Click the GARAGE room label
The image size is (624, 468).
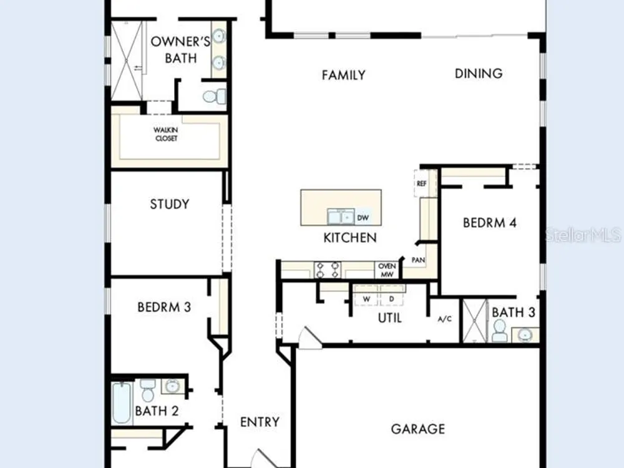pyautogui.click(x=418, y=429)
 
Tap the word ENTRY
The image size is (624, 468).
pyautogui.click(x=260, y=422)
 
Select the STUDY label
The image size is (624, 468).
pyautogui.click(x=170, y=204)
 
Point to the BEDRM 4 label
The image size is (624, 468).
pyautogui.click(x=489, y=223)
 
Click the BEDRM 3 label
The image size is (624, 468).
pyautogui.click(x=164, y=307)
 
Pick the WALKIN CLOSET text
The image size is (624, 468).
pyautogui.click(x=166, y=134)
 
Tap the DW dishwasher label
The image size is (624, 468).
pyautogui.click(x=363, y=218)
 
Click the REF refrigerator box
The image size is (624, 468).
pyautogui.click(x=421, y=183)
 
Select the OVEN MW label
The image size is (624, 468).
pyautogui.click(x=387, y=270)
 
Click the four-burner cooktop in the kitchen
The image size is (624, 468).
pyautogui.click(x=328, y=270)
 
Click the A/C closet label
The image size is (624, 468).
pyautogui.click(x=444, y=319)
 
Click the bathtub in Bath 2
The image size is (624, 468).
pyautogui.click(x=122, y=402)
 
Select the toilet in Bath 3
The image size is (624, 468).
pyautogui.click(x=499, y=330)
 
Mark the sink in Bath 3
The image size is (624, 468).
pyautogui.click(x=525, y=334)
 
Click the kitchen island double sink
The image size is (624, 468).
pyautogui.click(x=341, y=217)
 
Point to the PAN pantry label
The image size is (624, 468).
pyautogui.click(x=418, y=260)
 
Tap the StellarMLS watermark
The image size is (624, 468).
pyautogui.click(x=583, y=235)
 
